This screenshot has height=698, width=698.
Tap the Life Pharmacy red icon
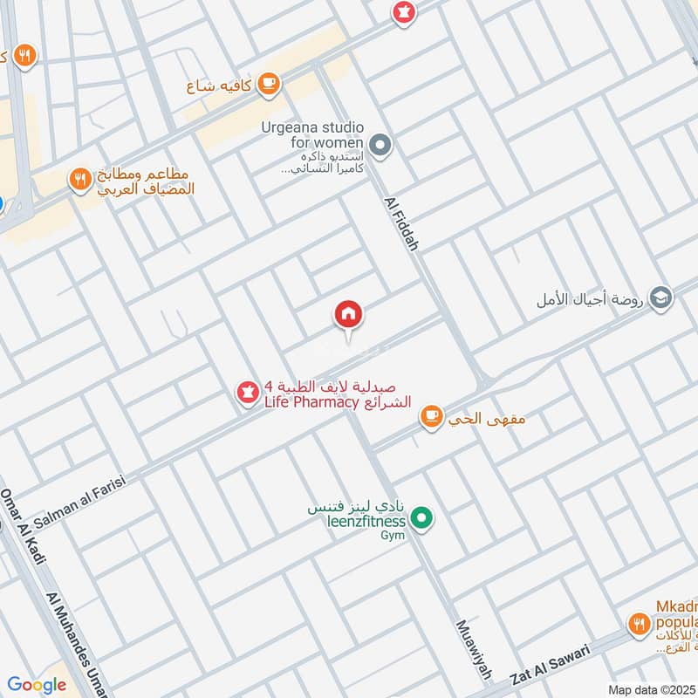click(x=248, y=393)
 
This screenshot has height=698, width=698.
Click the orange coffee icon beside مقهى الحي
click(x=431, y=417)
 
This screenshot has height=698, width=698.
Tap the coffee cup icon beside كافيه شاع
click(x=269, y=84)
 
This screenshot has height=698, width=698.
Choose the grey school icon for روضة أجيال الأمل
click(x=661, y=298)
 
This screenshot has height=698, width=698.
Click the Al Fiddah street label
click(x=401, y=223)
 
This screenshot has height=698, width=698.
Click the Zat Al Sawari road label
click(x=551, y=662)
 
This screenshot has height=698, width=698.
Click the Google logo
click(x=36, y=685)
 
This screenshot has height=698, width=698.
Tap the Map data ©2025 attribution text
click(x=651, y=690)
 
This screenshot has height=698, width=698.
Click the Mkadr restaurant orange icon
click(x=639, y=623)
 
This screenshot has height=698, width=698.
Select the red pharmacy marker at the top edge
click(x=403, y=13)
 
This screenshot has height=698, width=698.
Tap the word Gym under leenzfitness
click(x=392, y=535)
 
